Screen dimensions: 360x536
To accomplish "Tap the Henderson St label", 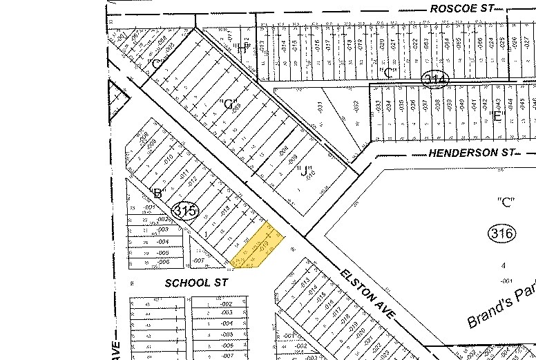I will (x=462, y=152).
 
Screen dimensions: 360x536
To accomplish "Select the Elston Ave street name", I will (x=368, y=292).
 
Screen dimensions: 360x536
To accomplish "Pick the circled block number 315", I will (x=186, y=211).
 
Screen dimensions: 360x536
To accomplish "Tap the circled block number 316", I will (x=501, y=234).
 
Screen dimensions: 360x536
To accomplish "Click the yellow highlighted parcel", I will (x=258, y=247).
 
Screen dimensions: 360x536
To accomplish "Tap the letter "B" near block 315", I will (x=157, y=193).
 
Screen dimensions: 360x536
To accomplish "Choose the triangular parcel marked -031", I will (x=319, y=107).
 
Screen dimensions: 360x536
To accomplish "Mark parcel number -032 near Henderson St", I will (x=356, y=107).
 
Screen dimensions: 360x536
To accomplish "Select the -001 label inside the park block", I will (x=506, y=281).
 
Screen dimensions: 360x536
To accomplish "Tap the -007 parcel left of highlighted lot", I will (x=198, y=260).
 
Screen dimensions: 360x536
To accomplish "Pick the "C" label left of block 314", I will (x=389, y=71).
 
